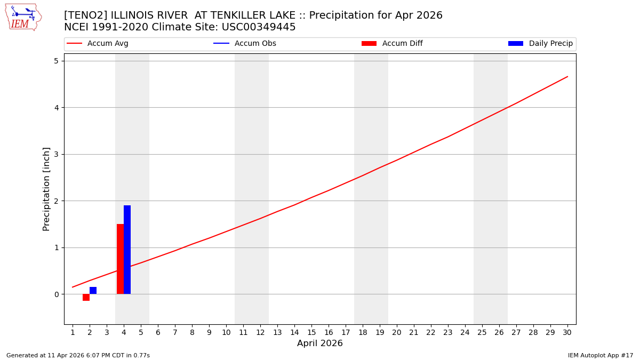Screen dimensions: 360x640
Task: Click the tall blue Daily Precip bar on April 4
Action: pyautogui.click(x=127, y=250)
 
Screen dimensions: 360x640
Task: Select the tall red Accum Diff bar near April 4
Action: pyautogui.click(x=120, y=259)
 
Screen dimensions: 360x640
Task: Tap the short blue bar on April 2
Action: pyautogui.click(x=93, y=290)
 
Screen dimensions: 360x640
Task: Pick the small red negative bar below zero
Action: pyautogui.click(x=86, y=298)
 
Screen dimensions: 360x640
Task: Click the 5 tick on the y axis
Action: pyautogui.click(x=56, y=61)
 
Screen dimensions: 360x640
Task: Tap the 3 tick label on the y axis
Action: pyautogui.click(x=56, y=154)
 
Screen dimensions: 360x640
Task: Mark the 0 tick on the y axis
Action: pyautogui.click(x=56, y=294)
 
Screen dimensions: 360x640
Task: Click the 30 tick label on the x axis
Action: pyautogui.click(x=567, y=332)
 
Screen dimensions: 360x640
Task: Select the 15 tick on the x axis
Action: pyautogui.click(x=311, y=332)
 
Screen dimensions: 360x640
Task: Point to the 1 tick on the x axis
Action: pyautogui.click(x=73, y=332)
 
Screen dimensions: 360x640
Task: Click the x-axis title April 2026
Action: pyautogui.click(x=320, y=343)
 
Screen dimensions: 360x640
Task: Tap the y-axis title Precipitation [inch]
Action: pyautogui.click(x=46, y=189)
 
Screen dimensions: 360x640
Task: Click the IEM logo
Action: pyautogui.click(x=23, y=17)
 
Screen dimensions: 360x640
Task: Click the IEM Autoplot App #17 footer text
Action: pyautogui.click(x=601, y=355)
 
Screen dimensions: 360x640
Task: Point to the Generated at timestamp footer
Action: pyautogui.click(x=78, y=355)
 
